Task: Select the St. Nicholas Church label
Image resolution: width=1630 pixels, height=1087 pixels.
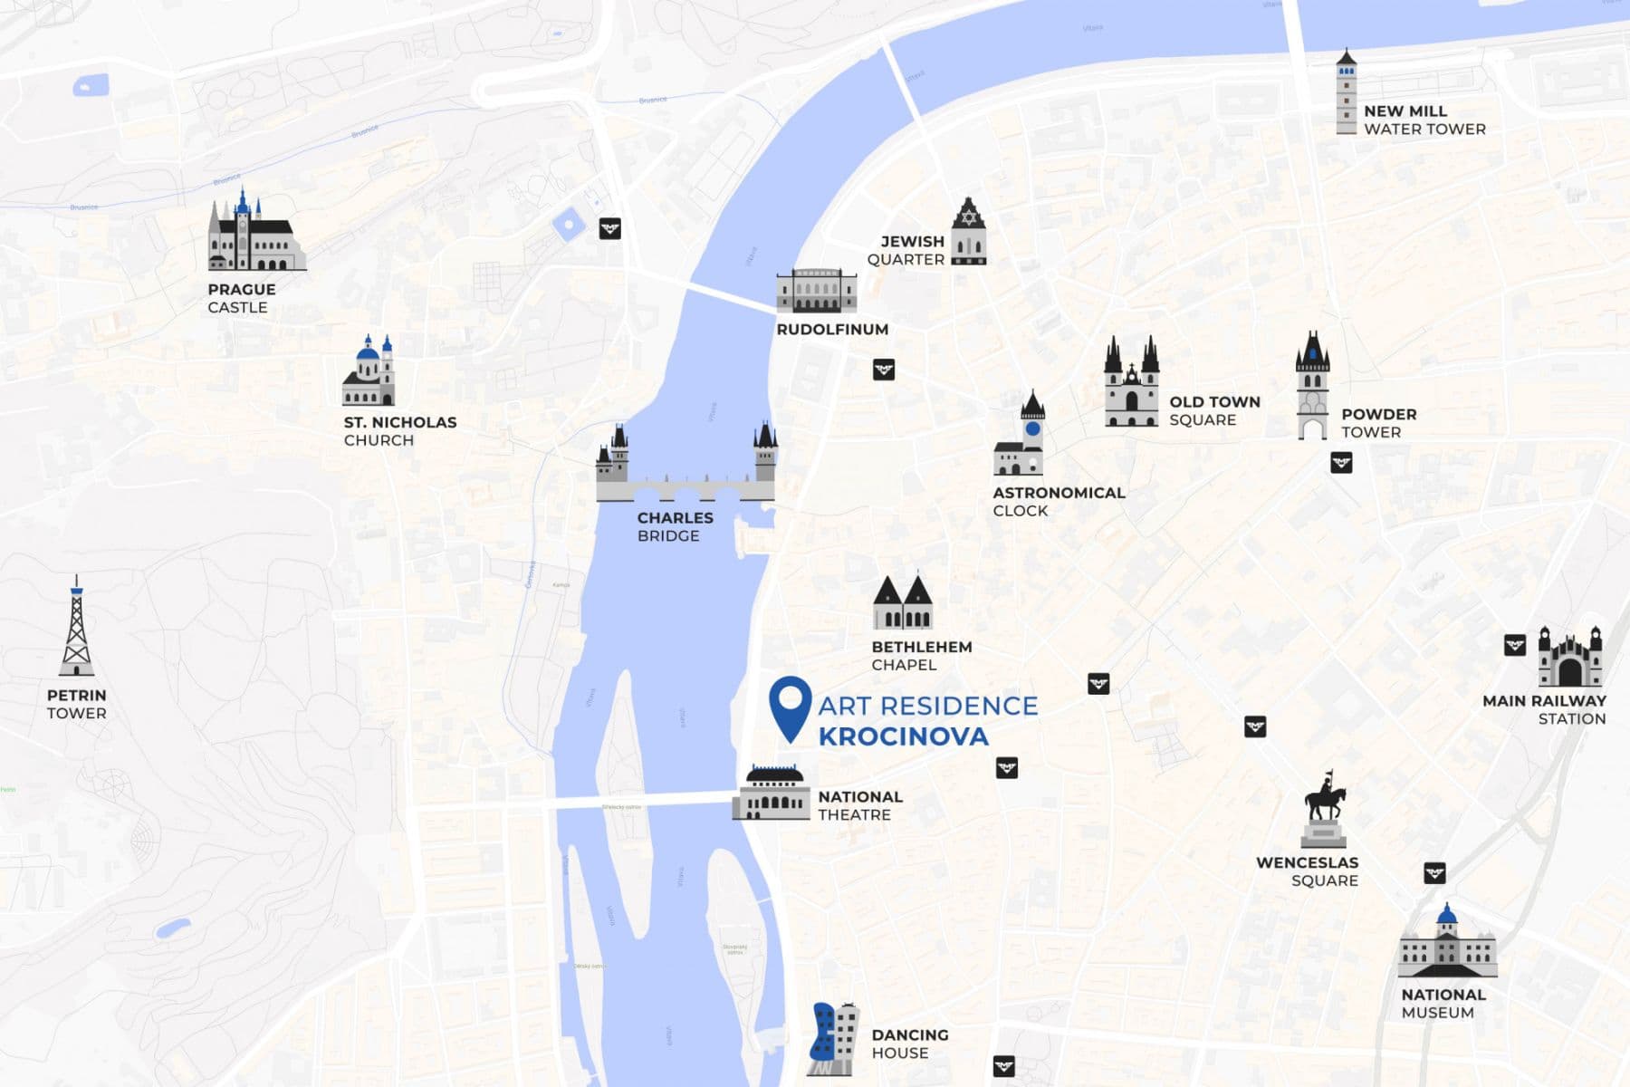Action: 399,431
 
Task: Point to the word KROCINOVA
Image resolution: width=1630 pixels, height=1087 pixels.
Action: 903,736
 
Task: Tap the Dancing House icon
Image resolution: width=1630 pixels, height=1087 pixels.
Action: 832,1040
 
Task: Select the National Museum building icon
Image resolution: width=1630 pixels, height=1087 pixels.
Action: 1446,944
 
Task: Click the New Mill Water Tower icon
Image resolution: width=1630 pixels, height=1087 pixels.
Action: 1347,93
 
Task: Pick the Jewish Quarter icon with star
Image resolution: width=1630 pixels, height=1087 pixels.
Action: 968,232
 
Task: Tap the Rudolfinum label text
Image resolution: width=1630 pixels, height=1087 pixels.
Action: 832,330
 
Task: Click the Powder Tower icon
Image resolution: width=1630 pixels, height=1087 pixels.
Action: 1312,388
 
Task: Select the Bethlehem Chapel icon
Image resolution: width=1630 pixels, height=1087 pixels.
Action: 903,603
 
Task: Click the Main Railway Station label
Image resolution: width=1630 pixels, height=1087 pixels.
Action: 1545,709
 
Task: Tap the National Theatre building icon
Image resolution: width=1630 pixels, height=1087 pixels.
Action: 772,794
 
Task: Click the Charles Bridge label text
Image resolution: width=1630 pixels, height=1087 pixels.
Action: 674,526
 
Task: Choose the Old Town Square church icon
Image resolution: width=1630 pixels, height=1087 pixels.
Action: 1131,383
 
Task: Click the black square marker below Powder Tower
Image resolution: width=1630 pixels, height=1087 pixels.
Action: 1341,463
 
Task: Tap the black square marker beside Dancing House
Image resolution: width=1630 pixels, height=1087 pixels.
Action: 1003,1066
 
